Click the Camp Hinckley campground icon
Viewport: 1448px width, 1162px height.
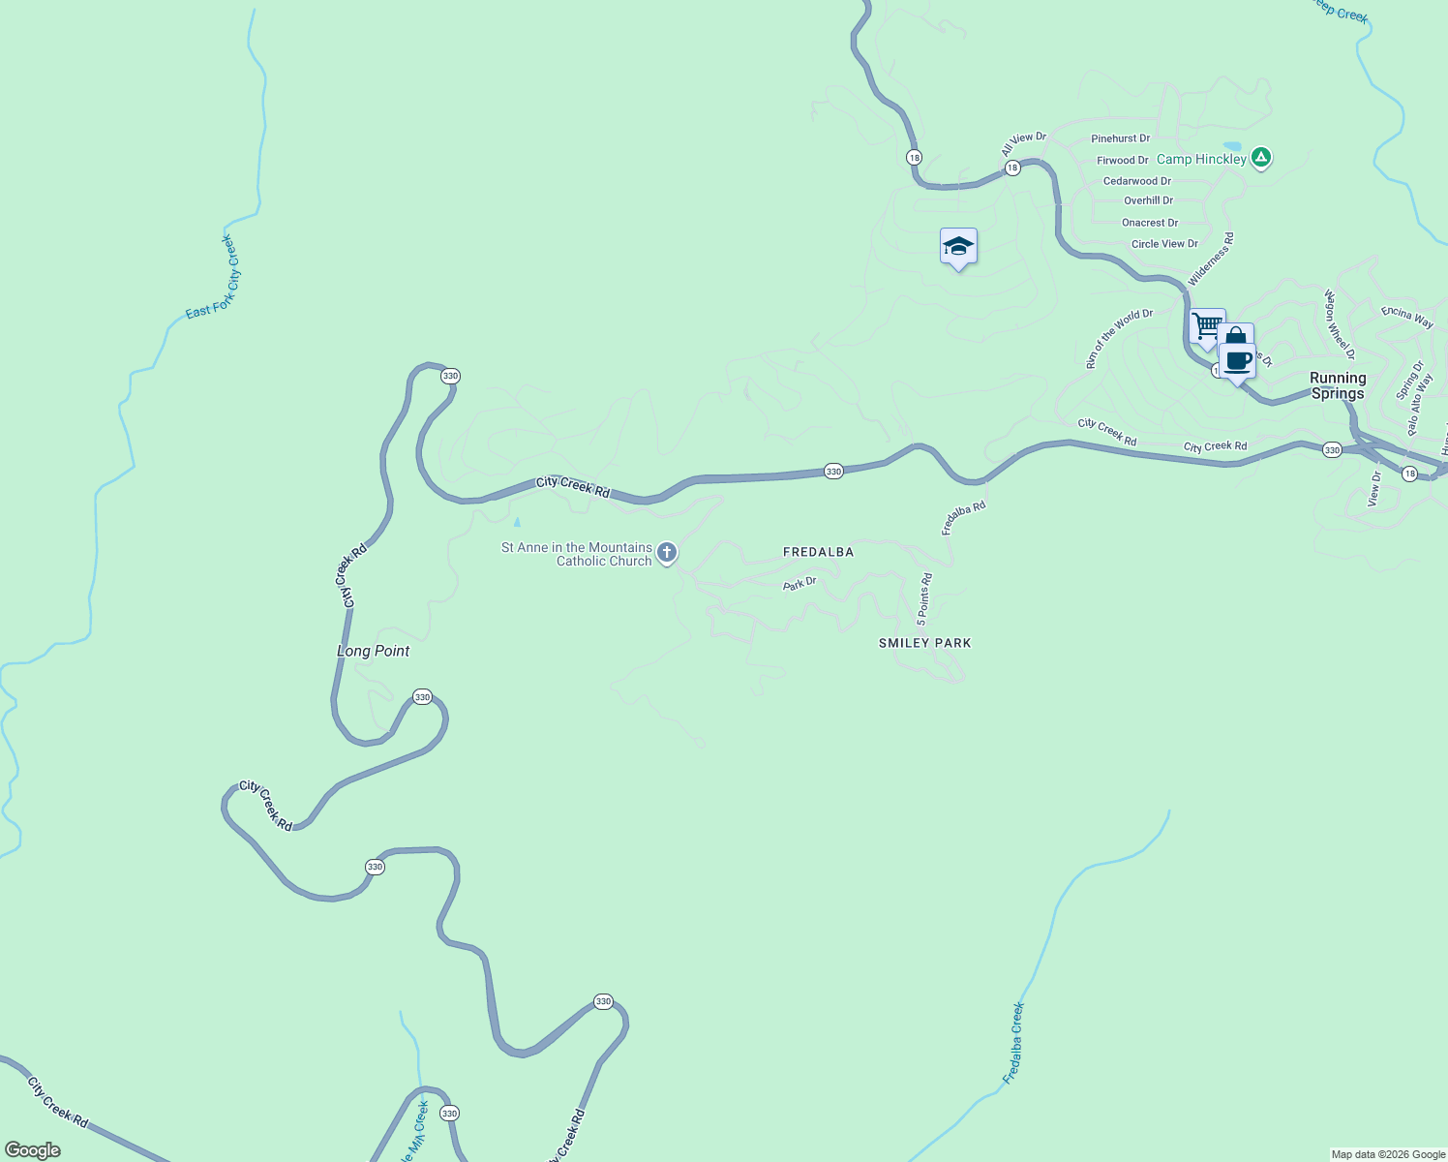pyautogui.click(x=1260, y=158)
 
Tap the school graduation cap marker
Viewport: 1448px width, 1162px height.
pyautogui.click(x=958, y=247)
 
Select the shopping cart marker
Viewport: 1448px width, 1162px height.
pyautogui.click(x=1206, y=326)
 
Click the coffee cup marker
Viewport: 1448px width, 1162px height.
pyautogui.click(x=1238, y=361)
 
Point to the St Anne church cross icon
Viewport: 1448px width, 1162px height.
pyautogui.click(x=666, y=553)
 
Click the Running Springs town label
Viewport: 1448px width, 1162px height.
pyautogui.click(x=1338, y=385)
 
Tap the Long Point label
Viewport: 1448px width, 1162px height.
pyautogui.click(x=373, y=651)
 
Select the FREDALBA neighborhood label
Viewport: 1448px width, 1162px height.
pyautogui.click(x=818, y=552)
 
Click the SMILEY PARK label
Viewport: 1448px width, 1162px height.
pyautogui.click(x=924, y=643)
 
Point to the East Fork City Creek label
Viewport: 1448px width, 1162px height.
pyautogui.click(x=212, y=277)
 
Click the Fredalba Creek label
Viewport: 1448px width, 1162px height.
pyautogui.click(x=1012, y=1043)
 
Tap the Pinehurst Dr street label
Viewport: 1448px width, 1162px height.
pyautogui.click(x=1120, y=138)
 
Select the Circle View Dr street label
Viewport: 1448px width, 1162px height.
pyautogui.click(x=1164, y=244)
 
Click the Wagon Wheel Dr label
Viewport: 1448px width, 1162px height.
pyautogui.click(x=1339, y=324)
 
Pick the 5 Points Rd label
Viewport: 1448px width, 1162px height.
pyautogui.click(x=924, y=598)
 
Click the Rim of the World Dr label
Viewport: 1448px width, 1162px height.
pyautogui.click(x=1119, y=339)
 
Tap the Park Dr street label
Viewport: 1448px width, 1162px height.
pyautogui.click(x=799, y=584)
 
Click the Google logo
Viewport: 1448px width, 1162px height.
pyautogui.click(x=33, y=1150)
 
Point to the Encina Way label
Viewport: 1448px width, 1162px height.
pyautogui.click(x=1407, y=317)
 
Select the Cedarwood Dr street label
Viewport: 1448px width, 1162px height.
pyautogui.click(x=1136, y=181)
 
